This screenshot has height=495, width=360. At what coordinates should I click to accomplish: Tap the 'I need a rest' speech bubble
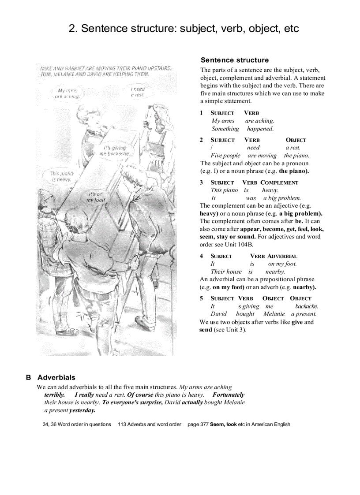(138, 92)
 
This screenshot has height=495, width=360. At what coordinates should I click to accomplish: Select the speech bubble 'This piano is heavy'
(61, 176)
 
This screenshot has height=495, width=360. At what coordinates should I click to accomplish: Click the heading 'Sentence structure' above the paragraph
(234, 60)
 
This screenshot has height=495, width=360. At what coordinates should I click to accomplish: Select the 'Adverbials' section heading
(56, 377)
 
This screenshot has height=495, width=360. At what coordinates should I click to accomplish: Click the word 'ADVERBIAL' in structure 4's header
(282, 256)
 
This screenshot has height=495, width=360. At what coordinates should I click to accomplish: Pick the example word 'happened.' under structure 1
(260, 129)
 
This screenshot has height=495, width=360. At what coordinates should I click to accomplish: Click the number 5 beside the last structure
(201, 298)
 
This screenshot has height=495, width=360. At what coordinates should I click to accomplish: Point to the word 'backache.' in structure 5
(307, 306)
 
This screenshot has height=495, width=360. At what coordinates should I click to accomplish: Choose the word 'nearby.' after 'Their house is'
(275, 272)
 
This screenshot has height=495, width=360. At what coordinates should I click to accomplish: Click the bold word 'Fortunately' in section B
(228, 395)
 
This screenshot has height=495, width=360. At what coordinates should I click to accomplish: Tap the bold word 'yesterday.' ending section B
(82, 410)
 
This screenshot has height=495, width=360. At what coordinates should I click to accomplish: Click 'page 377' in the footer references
(198, 424)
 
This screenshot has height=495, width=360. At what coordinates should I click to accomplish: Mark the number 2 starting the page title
(72, 29)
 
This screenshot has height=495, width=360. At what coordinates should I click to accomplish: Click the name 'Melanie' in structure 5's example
(274, 314)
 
